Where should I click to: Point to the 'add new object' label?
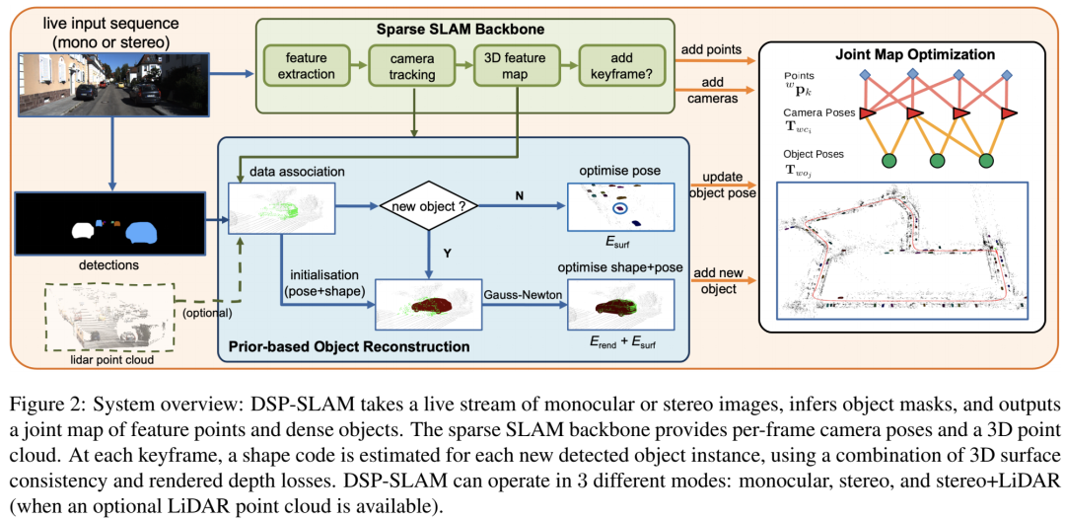pyautogui.click(x=719, y=280)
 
